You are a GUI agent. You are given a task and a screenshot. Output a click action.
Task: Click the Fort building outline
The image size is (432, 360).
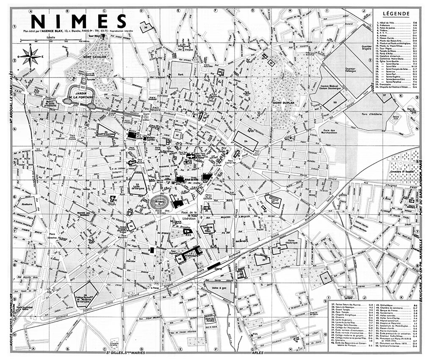pyautogui.click(x=180, y=75)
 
